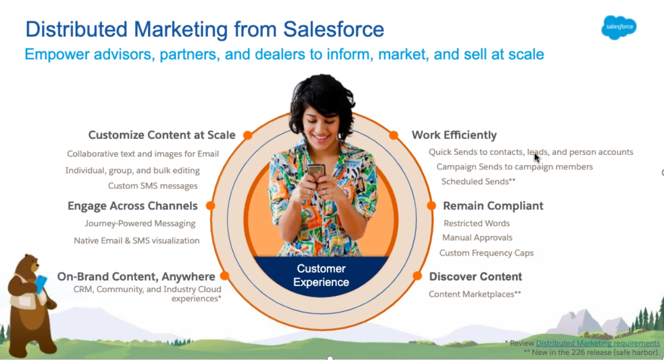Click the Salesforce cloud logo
click(619, 27)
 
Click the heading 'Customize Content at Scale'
click(162, 135)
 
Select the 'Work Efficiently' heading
click(454, 135)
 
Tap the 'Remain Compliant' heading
click(493, 206)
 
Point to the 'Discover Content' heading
click(475, 276)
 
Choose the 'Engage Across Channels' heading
click(132, 206)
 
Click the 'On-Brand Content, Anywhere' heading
click(136, 277)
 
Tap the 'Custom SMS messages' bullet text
click(153, 186)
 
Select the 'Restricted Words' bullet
click(476, 223)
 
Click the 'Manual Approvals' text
click(477, 238)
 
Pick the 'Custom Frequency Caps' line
click(486, 253)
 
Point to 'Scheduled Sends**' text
click(478, 182)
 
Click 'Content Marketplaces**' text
click(474, 294)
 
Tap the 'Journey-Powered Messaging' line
click(140, 223)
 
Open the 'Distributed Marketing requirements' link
click(598, 343)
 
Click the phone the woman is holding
click(316, 170)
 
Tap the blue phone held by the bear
click(41, 283)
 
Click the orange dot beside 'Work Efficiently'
click(394, 135)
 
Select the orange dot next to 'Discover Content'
click(417, 276)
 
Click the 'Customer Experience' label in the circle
click(321, 275)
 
